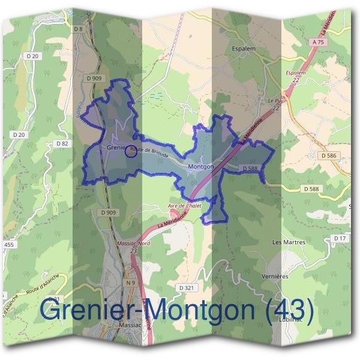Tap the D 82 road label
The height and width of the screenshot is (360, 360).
pyautogui.click(x=62, y=143)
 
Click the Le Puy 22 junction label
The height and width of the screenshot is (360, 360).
pyautogui.click(x=275, y=104)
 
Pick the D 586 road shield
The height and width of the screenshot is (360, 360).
pyautogui.click(x=328, y=155)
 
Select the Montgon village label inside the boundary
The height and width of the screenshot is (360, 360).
pyautogui.click(x=200, y=166)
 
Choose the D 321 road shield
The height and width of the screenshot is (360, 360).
pyautogui.click(x=187, y=288)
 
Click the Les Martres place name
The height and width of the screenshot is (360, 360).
pyautogui.click(x=289, y=242)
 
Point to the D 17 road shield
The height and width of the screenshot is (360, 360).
pyautogui.click(x=340, y=239)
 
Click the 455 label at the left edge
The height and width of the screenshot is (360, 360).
pyautogui.click(x=8, y=245)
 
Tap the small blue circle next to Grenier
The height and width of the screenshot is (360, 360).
pyautogui.click(x=130, y=151)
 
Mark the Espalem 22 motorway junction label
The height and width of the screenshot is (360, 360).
pyautogui.click(x=296, y=76)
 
